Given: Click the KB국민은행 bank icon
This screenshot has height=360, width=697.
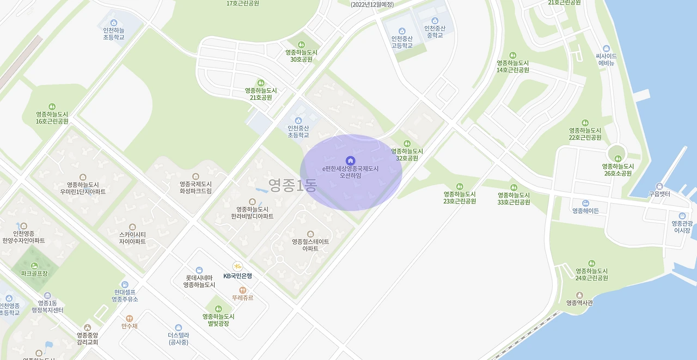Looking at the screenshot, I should (x=237, y=266).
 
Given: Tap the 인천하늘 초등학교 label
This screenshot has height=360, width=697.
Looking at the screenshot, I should (x=114, y=33).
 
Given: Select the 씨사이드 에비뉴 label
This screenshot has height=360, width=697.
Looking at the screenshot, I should (x=607, y=59).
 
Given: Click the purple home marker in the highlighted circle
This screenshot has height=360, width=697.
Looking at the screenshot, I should (x=351, y=160).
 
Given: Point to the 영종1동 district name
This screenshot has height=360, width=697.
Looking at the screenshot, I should (x=292, y=186).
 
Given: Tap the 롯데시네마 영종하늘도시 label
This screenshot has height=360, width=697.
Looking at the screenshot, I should (x=199, y=281).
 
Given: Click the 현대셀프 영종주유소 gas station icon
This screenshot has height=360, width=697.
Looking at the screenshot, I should (x=125, y=285).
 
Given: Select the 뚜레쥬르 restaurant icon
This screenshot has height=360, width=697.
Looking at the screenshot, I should (x=243, y=290).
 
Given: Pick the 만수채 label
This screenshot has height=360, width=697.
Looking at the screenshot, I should (x=130, y=326).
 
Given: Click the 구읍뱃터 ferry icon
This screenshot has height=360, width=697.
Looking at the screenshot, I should (x=659, y=186).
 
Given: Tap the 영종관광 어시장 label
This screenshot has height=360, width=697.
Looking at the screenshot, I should (x=682, y=227).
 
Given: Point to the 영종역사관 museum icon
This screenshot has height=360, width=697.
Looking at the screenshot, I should (x=579, y=295).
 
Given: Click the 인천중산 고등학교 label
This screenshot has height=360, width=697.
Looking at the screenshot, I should (x=402, y=42).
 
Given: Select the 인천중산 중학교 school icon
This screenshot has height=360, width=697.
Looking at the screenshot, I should (x=435, y=20).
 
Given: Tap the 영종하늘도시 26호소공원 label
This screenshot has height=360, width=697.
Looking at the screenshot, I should (x=618, y=170).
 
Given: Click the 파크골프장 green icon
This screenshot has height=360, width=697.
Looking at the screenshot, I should (x=34, y=265).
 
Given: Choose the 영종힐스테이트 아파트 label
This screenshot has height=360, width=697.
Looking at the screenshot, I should (x=310, y=245).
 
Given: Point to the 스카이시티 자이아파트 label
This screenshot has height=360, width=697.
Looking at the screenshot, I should (x=133, y=238).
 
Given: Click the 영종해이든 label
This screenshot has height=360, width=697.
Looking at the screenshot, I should (x=585, y=211).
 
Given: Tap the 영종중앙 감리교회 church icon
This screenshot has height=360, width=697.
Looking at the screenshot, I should (x=87, y=327).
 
